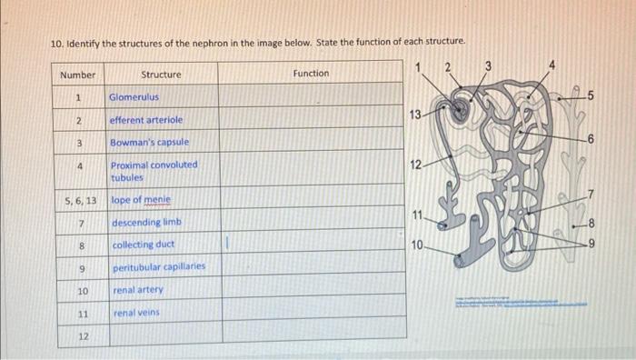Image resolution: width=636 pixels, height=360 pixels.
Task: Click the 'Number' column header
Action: pos(77,75)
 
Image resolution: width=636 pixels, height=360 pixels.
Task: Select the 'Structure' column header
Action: pos(161,75)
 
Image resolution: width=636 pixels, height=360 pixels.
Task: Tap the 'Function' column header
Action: pos(311,73)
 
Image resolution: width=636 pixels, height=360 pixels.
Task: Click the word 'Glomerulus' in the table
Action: pos(134,96)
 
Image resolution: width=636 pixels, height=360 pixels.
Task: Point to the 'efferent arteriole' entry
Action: pos(145,120)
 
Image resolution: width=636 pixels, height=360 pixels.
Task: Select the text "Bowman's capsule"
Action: pos(149,143)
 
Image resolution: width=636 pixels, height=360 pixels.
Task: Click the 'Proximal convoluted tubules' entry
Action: pos(153,171)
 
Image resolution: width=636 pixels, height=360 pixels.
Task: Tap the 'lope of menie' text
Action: pos(140,200)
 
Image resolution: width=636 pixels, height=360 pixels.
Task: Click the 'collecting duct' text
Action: pos(144,245)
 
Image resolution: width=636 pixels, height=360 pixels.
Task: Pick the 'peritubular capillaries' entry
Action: pos(158,268)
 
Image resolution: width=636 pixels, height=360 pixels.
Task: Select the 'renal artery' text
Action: pos(138,290)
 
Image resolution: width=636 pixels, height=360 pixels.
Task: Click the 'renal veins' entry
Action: pos(136,313)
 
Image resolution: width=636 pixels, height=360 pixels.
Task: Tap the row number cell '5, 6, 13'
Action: pos(81,200)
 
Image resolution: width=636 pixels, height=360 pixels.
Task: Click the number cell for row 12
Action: pos(81,336)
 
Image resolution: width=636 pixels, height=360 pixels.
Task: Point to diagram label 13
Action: pos(415,115)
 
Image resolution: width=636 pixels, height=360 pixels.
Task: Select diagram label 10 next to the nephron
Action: pos(416,245)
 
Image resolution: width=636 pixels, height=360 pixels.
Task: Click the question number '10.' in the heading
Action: pos(55,43)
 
